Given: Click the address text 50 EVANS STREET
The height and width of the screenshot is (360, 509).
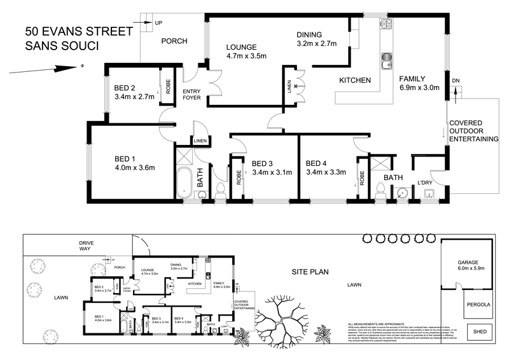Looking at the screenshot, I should (78, 31).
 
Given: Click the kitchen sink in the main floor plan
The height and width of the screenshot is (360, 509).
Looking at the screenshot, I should (386, 62).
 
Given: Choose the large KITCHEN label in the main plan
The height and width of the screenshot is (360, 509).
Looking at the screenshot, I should (354, 81).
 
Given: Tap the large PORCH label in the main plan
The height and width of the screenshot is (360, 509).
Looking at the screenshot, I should (174, 41).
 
